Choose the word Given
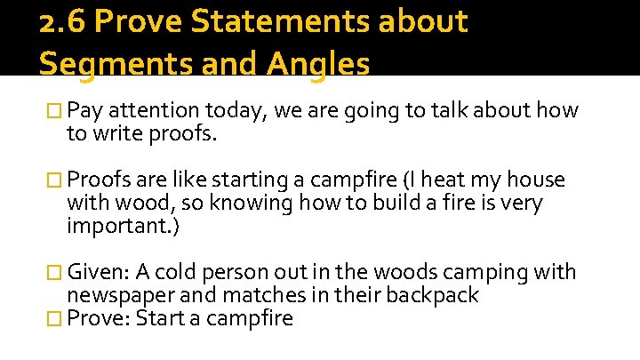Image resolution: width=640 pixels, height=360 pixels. pyautogui.click(x=100, y=272)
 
